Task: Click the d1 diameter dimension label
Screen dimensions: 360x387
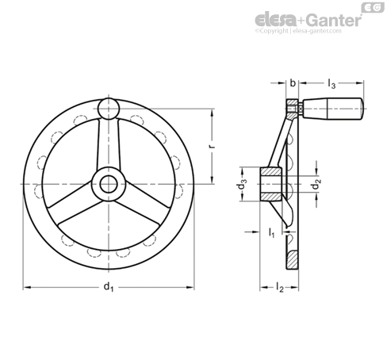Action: point(109,289)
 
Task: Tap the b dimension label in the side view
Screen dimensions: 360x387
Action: point(293,82)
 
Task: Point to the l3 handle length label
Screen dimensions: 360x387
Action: point(332,82)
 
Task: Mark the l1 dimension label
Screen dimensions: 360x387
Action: point(272,232)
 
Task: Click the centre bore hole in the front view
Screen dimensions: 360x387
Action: point(108,185)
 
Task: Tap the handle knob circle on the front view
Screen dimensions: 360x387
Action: point(108,107)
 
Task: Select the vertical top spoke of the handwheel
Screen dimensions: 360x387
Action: point(108,143)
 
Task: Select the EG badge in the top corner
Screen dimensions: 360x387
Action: point(370,7)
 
